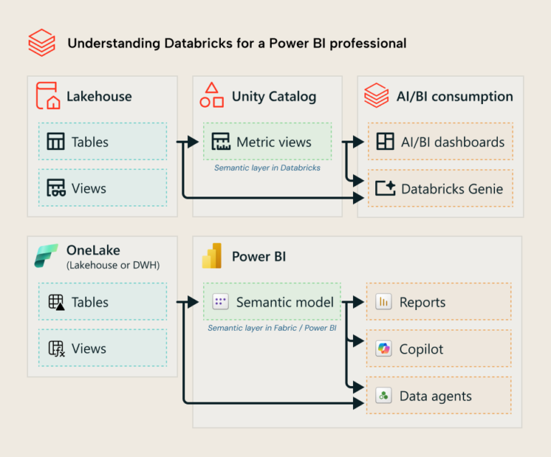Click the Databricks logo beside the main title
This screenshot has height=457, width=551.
pos(42,43)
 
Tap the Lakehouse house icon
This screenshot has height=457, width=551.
pos(48,96)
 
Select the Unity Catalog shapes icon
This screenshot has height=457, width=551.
pos(212,95)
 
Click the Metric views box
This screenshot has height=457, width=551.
pos(267,141)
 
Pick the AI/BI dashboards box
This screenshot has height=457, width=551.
pos(440,141)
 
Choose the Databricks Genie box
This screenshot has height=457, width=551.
pos(440,189)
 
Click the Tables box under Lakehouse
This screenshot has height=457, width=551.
pos(102,141)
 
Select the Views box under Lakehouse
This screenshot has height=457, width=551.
pos(102,188)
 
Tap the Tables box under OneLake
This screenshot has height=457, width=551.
pos(102,301)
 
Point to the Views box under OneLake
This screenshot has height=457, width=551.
pos(102,348)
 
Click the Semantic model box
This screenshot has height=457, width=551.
pos(273,301)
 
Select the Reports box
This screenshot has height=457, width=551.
pos(438,301)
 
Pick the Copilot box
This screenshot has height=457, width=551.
pos(438,349)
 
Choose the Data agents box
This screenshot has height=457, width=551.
pos(438,395)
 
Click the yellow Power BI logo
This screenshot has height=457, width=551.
pos(212,256)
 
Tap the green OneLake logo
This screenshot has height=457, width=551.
pos(47,256)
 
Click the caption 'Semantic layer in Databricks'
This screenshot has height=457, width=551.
pos(267,168)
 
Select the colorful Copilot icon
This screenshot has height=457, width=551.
pos(384,349)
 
